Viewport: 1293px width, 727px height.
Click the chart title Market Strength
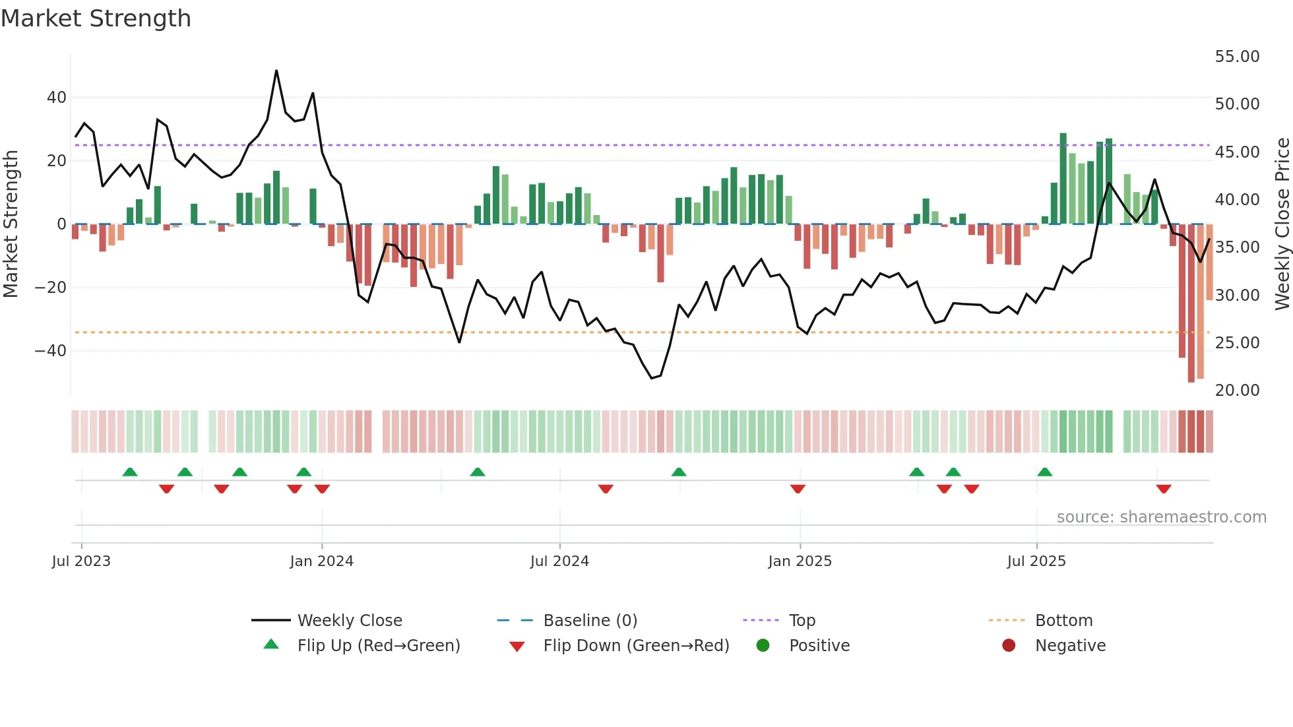(x=96, y=18)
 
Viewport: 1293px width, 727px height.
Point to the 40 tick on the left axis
(x=57, y=98)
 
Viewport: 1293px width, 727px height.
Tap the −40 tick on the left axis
(x=51, y=351)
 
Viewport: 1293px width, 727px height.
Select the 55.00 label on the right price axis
(x=1237, y=57)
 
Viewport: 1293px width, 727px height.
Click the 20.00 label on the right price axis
(x=1237, y=391)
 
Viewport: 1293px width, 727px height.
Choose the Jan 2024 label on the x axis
(x=321, y=561)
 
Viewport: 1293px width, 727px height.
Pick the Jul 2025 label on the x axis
(x=1036, y=561)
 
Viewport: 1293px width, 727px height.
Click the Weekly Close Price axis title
(x=1282, y=224)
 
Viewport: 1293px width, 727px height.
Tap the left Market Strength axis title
(x=11, y=224)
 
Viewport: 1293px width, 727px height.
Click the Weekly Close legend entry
(x=349, y=621)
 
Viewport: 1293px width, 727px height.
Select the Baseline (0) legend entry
(x=590, y=621)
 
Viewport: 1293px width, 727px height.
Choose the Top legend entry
(x=802, y=621)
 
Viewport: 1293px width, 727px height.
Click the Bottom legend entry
(x=1063, y=621)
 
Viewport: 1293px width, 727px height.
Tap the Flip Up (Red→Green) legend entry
(x=378, y=646)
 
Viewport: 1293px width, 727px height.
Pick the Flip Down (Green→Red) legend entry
(x=636, y=646)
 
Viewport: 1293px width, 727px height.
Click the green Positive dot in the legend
(x=763, y=646)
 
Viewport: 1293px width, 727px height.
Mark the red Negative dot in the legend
(x=1009, y=646)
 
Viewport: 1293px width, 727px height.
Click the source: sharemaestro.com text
(x=1161, y=517)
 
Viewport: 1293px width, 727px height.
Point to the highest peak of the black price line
(x=276, y=71)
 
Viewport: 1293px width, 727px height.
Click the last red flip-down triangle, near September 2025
(x=1164, y=489)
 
